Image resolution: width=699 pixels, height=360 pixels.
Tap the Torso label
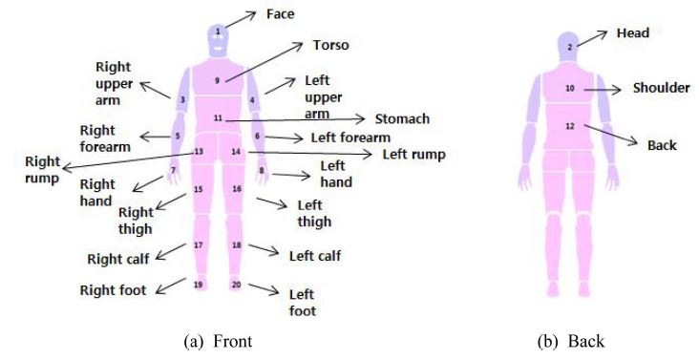click(x=330, y=45)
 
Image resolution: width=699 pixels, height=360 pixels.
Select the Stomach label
click(x=401, y=119)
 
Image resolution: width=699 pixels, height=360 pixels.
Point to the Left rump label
click(x=413, y=153)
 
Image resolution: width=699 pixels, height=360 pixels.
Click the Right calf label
click(x=117, y=258)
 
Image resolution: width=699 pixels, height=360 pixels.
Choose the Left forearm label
click(x=350, y=138)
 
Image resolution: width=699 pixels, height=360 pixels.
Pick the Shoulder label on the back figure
click(x=661, y=88)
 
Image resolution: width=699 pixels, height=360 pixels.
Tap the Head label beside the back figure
click(x=632, y=33)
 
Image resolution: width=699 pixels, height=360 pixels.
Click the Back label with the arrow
click(x=662, y=145)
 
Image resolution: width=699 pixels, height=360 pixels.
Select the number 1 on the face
click(x=218, y=32)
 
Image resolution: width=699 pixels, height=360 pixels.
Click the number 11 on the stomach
click(x=218, y=117)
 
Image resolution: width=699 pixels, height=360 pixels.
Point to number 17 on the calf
click(x=198, y=245)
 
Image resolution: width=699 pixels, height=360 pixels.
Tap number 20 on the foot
click(x=236, y=285)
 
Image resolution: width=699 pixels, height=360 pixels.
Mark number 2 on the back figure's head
click(x=569, y=46)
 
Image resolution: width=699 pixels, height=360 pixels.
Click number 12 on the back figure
click(x=570, y=126)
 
